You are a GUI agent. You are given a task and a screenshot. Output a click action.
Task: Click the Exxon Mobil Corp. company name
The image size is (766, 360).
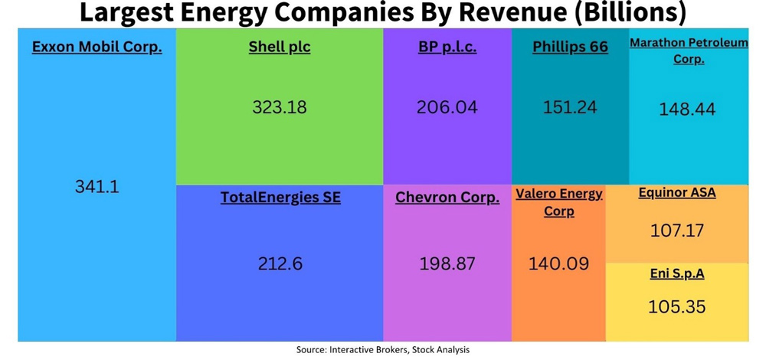click(97, 47)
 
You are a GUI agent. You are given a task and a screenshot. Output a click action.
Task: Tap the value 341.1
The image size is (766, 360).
click(97, 186)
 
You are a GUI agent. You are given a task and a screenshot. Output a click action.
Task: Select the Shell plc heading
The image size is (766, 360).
click(280, 47)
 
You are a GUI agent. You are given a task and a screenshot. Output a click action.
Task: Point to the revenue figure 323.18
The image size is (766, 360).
click(280, 107)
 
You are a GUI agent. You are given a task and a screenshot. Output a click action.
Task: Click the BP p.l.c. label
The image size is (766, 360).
click(447, 47)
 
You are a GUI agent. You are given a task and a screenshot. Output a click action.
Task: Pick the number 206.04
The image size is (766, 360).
click(447, 107)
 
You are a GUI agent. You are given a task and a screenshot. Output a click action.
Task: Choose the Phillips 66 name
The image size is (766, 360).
click(570, 47)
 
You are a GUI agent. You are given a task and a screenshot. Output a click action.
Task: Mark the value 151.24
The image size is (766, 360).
click(570, 107)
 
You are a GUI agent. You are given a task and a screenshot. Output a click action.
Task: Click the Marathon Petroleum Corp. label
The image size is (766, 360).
click(689, 51)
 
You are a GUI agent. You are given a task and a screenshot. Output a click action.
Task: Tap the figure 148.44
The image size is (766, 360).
click(688, 110)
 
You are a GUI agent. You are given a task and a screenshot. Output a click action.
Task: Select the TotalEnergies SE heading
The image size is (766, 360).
click(280, 198)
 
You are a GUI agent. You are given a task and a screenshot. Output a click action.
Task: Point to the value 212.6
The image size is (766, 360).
click(280, 263)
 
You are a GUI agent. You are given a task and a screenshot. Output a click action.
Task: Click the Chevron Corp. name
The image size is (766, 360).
click(447, 198)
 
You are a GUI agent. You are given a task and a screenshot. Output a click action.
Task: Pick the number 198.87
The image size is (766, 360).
click(447, 263)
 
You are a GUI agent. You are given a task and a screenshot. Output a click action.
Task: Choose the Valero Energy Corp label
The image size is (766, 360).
click(559, 202)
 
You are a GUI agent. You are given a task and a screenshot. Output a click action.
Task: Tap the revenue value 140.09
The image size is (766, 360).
click(559, 263)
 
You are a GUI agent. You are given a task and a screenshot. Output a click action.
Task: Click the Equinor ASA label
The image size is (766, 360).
click(677, 193)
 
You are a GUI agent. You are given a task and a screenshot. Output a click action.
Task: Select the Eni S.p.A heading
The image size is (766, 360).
click(676, 274)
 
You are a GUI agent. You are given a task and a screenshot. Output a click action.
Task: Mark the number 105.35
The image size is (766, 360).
click(676, 307)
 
